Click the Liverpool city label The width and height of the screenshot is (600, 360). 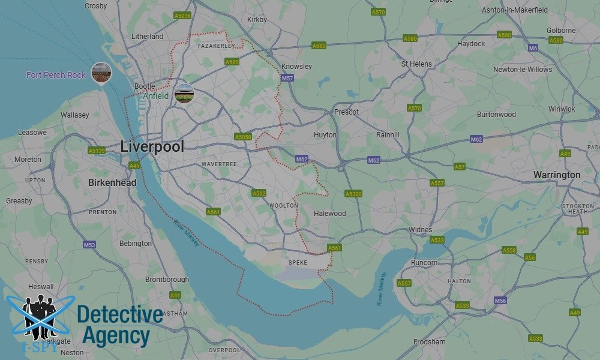coord(152,146)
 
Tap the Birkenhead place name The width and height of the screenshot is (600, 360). coord(112,182)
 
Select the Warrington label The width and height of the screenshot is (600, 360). coord(557,175)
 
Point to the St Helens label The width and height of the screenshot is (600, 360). coord(417,64)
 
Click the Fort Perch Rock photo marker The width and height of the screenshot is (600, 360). coord(101,73)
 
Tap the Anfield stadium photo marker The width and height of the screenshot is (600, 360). coord(184,94)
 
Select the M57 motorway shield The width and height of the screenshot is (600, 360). coord(288,79)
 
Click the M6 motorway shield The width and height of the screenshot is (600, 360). coord(533,48)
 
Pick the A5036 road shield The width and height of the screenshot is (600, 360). coord(182,16)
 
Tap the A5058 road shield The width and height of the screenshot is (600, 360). coord(243,137)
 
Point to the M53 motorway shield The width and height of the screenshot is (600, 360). coord(89,245)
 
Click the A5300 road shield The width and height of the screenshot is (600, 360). coord(353,194)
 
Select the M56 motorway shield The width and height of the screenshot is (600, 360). coord(500,301)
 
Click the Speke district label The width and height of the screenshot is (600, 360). coord(298,262)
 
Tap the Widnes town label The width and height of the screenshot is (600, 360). coord(420,230)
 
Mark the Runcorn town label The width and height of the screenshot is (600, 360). coord(424,263)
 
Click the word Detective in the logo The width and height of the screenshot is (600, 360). coord(120,314)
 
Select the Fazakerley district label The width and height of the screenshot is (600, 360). coord(216,46)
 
